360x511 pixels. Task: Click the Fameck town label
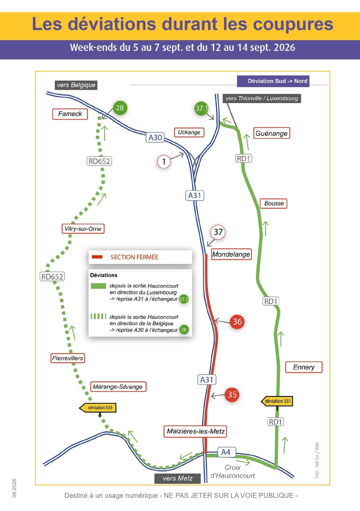tap(70, 114)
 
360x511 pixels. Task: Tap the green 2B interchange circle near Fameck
tap(120, 108)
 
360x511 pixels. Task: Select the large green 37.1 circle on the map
tap(202, 108)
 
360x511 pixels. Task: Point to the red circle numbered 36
tap(237, 322)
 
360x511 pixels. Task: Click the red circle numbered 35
tap(232, 395)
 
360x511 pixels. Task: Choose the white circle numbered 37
tap(218, 232)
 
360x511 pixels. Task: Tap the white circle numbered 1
tap(164, 162)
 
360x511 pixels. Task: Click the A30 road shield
tap(155, 138)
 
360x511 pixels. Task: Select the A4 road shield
tap(226, 452)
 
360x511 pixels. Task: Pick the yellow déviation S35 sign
tap(98, 408)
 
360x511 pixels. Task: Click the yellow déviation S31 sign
tap(277, 401)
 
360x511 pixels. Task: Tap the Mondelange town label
tap(231, 254)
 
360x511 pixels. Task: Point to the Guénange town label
tap(272, 133)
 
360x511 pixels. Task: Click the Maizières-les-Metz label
tap(195, 431)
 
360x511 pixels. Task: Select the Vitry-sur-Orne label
tap(83, 228)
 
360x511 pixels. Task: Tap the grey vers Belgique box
tap(76, 85)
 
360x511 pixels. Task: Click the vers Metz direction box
tap(177, 478)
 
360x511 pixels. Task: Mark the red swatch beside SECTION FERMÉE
tap(97, 257)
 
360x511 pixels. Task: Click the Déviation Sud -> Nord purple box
tap(273, 81)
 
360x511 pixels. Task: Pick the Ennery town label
tap(304, 367)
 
